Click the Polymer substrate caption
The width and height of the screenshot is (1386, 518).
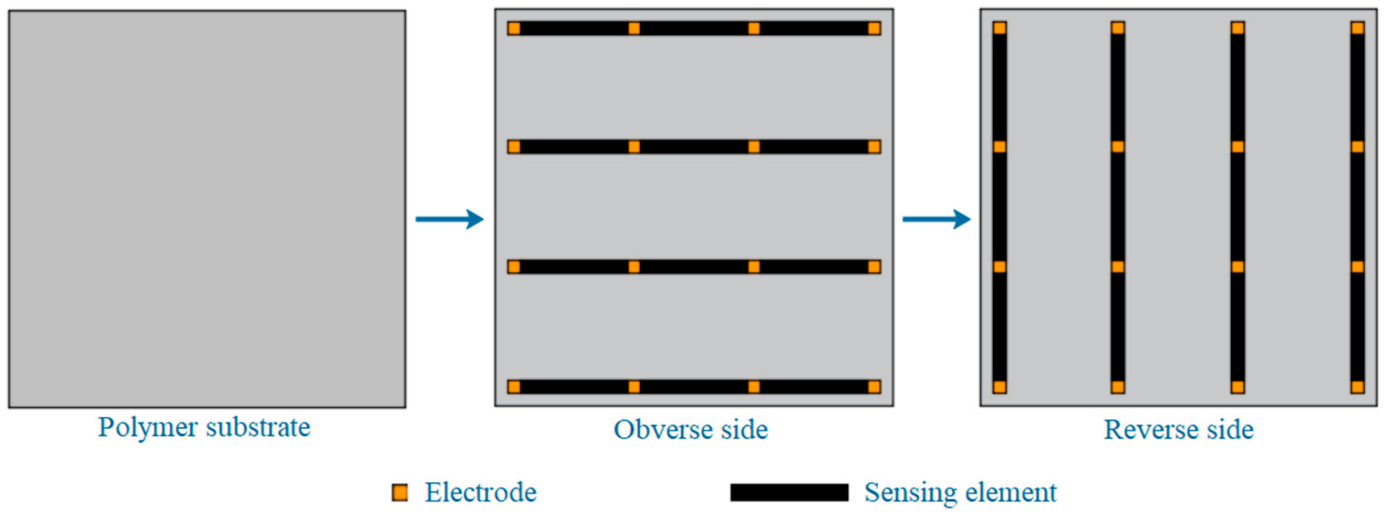click(204, 428)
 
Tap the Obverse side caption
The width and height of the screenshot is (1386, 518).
click(691, 430)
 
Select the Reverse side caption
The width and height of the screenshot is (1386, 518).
click(1178, 430)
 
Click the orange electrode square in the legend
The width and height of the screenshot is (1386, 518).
click(400, 492)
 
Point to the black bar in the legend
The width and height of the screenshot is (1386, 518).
click(789, 492)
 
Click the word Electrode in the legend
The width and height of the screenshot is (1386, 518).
click(480, 492)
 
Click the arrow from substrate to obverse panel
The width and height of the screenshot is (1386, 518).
click(450, 219)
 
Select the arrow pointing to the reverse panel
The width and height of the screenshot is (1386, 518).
click(937, 219)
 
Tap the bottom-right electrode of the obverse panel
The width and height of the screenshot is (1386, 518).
click(874, 387)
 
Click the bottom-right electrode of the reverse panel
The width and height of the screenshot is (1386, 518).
click(1357, 387)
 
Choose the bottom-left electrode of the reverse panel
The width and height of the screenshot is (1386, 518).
click(1000, 387)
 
